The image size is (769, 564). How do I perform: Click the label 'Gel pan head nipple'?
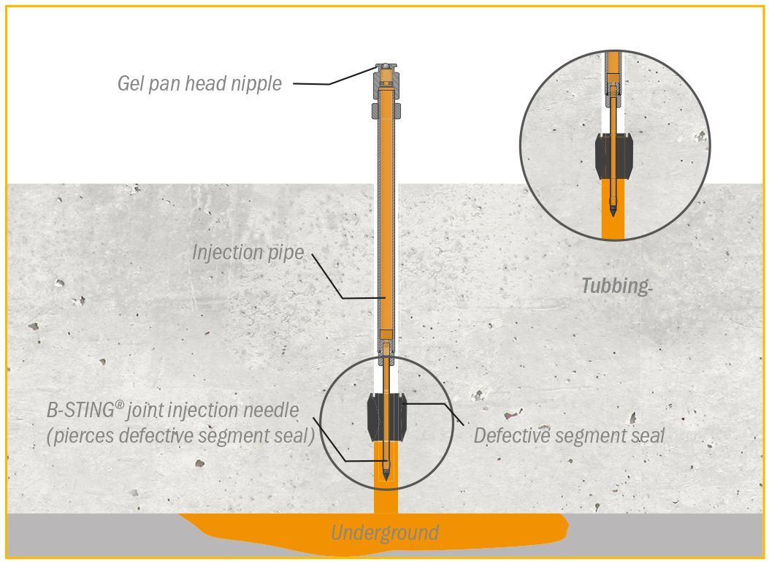[x=199, y=83]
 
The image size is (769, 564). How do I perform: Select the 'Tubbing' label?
[x=615, y=286]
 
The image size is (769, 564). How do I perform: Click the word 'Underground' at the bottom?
[x=385, y=533]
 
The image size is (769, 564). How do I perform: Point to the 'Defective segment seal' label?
[x=569, y=435]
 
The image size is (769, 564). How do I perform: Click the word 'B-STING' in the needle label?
[x=81, y=411]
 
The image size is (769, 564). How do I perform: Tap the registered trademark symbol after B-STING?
[x=120, y=405]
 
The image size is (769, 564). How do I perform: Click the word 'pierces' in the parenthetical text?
[x=83, y=436]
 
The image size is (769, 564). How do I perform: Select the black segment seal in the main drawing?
[x=386, y=417]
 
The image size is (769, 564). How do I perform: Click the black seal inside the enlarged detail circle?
[x=613, y=155]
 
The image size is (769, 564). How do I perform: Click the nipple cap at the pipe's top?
[x=386, y=66]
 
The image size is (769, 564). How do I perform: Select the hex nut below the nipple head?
[x=386, y=111]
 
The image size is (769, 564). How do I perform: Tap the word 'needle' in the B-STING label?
[x=272, y=411]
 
